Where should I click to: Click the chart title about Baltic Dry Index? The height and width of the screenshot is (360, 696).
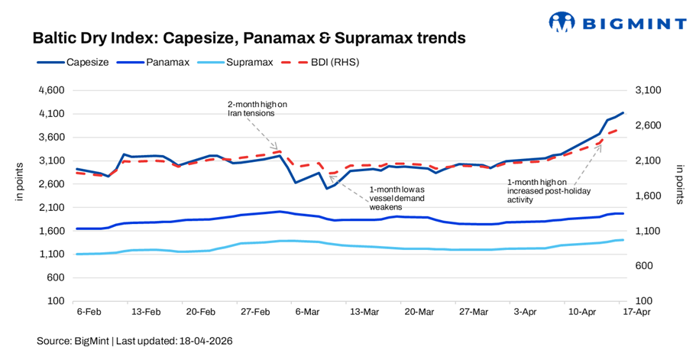coord(248,37)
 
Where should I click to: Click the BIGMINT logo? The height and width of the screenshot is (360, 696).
coord(617,21)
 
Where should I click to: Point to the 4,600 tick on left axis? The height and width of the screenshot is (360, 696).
coord(53,90)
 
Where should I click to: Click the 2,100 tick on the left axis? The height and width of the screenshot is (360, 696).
coord(53,208)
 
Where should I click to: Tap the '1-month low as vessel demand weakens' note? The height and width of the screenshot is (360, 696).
coord(397,197)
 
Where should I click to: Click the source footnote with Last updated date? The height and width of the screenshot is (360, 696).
coord(134,340)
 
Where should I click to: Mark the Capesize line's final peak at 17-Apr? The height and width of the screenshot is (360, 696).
coord(623,113)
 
